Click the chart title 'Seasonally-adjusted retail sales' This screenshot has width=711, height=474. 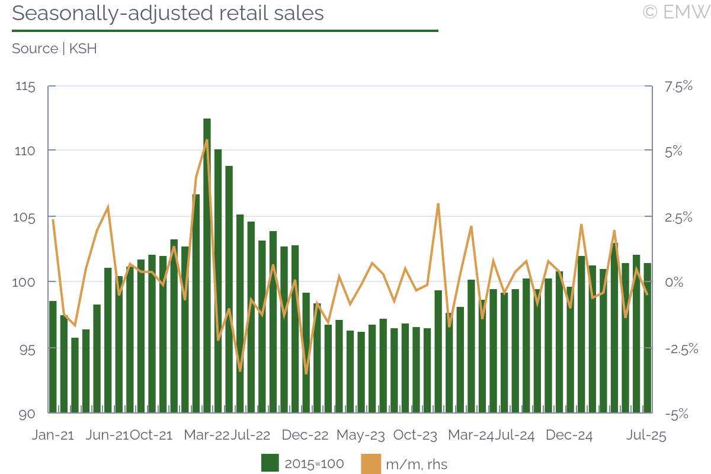coord(168,13)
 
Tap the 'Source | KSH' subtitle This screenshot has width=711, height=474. coord(54,49)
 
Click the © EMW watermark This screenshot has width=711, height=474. coord(675,12)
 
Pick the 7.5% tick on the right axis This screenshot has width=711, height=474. coord(678,87)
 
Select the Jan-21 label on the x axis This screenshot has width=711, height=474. coord(53,435)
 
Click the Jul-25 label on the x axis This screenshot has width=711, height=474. coord(647,435)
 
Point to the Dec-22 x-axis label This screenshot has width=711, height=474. coord(305,435)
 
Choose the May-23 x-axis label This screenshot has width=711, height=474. coord(360,435)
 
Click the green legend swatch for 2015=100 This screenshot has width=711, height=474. coord(270,463)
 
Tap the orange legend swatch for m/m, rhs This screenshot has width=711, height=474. coord(370,463)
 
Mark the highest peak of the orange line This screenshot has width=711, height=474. coord(207,140)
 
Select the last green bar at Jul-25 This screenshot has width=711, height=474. coord(647,338)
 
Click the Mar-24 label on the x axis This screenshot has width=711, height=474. coord(471,435)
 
